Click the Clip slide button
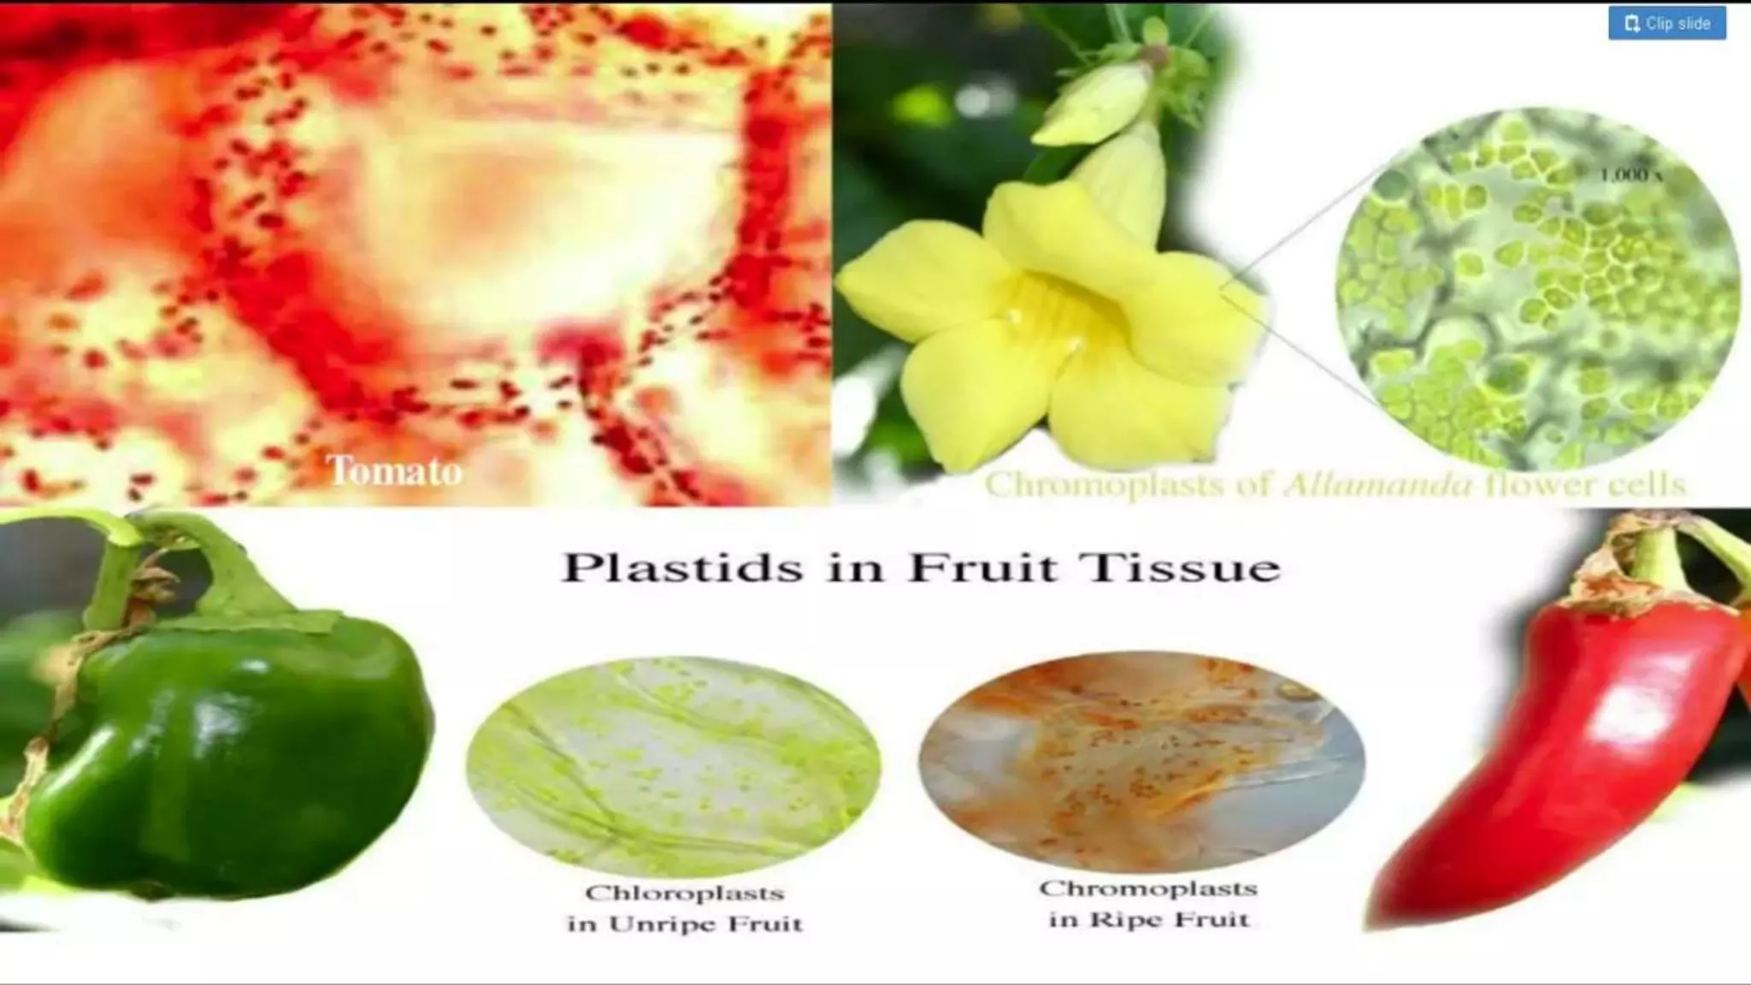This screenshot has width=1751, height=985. (x=1666, y=23)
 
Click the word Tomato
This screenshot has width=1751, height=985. (x=394, y=470)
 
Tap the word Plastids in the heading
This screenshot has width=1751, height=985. (x=681, y=568)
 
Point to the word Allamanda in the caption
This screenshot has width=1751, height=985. (x=1378, y=485)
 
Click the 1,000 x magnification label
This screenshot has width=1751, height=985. (x=1630, y=175)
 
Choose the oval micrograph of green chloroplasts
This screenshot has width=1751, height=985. (x=674, y=765)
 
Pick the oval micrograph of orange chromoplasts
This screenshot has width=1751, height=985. (x=1141, y=761)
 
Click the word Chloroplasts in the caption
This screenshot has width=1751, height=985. (x=684, y=894)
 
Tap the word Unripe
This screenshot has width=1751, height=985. (x=685, y=924)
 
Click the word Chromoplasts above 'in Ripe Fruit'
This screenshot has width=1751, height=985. (x=1148, y=888)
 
